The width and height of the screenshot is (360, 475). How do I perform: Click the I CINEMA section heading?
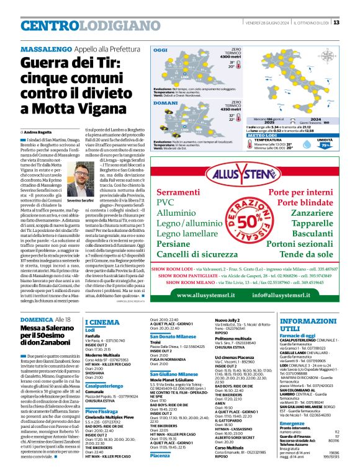click(x=102, y=322)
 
